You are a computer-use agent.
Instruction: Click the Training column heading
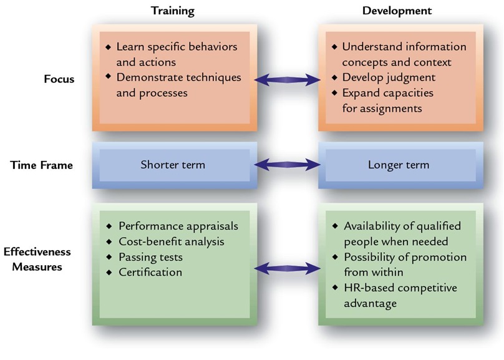(x=173, y=11)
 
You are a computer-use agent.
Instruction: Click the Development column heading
(x=397, y=11)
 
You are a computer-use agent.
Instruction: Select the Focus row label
(x=59, y=79)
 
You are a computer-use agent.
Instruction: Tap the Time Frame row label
(x=41, y=165)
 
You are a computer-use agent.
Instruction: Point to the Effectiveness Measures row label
(x=37, y=259)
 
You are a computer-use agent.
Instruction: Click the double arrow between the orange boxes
(x=288, y=80)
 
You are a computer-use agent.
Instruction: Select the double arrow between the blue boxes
(x=288, y=165)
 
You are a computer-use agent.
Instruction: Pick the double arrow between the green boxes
(x=288, y=268)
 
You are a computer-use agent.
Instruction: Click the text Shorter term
(x=173, y=165)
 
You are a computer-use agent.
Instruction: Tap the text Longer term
(x=399, y=165)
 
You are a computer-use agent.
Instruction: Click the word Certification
(x=150, y=272)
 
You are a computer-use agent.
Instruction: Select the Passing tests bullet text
(x=151, y=257)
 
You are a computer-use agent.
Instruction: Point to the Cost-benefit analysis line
(x=172, y=241)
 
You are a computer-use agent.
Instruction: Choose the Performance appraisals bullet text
(x=178, y=226)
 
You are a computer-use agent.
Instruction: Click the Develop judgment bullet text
(x=389, y=77)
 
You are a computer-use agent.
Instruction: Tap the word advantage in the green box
(x=371, y=303)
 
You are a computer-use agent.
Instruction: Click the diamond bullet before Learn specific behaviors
(x=109, y=47)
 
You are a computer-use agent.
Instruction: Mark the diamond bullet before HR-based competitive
(x=335, y=288)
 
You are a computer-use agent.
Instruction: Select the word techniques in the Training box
(x=214, y=77)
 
